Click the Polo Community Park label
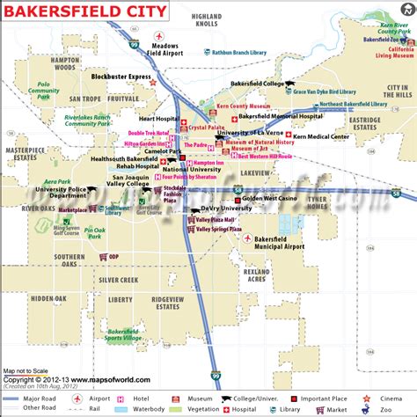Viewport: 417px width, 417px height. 44,91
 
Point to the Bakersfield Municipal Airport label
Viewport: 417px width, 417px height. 279,242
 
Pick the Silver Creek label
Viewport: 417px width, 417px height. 118,280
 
